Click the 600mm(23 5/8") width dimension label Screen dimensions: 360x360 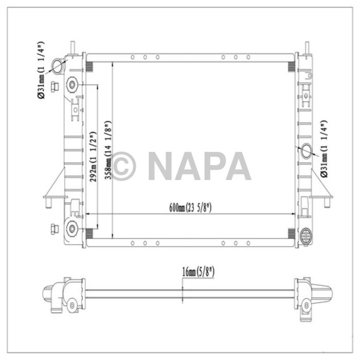[x=190, y=208]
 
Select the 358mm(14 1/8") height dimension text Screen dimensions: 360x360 [x=107, y=149]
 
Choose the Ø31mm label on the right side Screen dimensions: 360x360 [x=323, y=149]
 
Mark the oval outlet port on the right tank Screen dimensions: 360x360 [x=307, y=150]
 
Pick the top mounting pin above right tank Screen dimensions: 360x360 [x=309, y=45]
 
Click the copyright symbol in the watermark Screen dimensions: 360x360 [x=123, y=166]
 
